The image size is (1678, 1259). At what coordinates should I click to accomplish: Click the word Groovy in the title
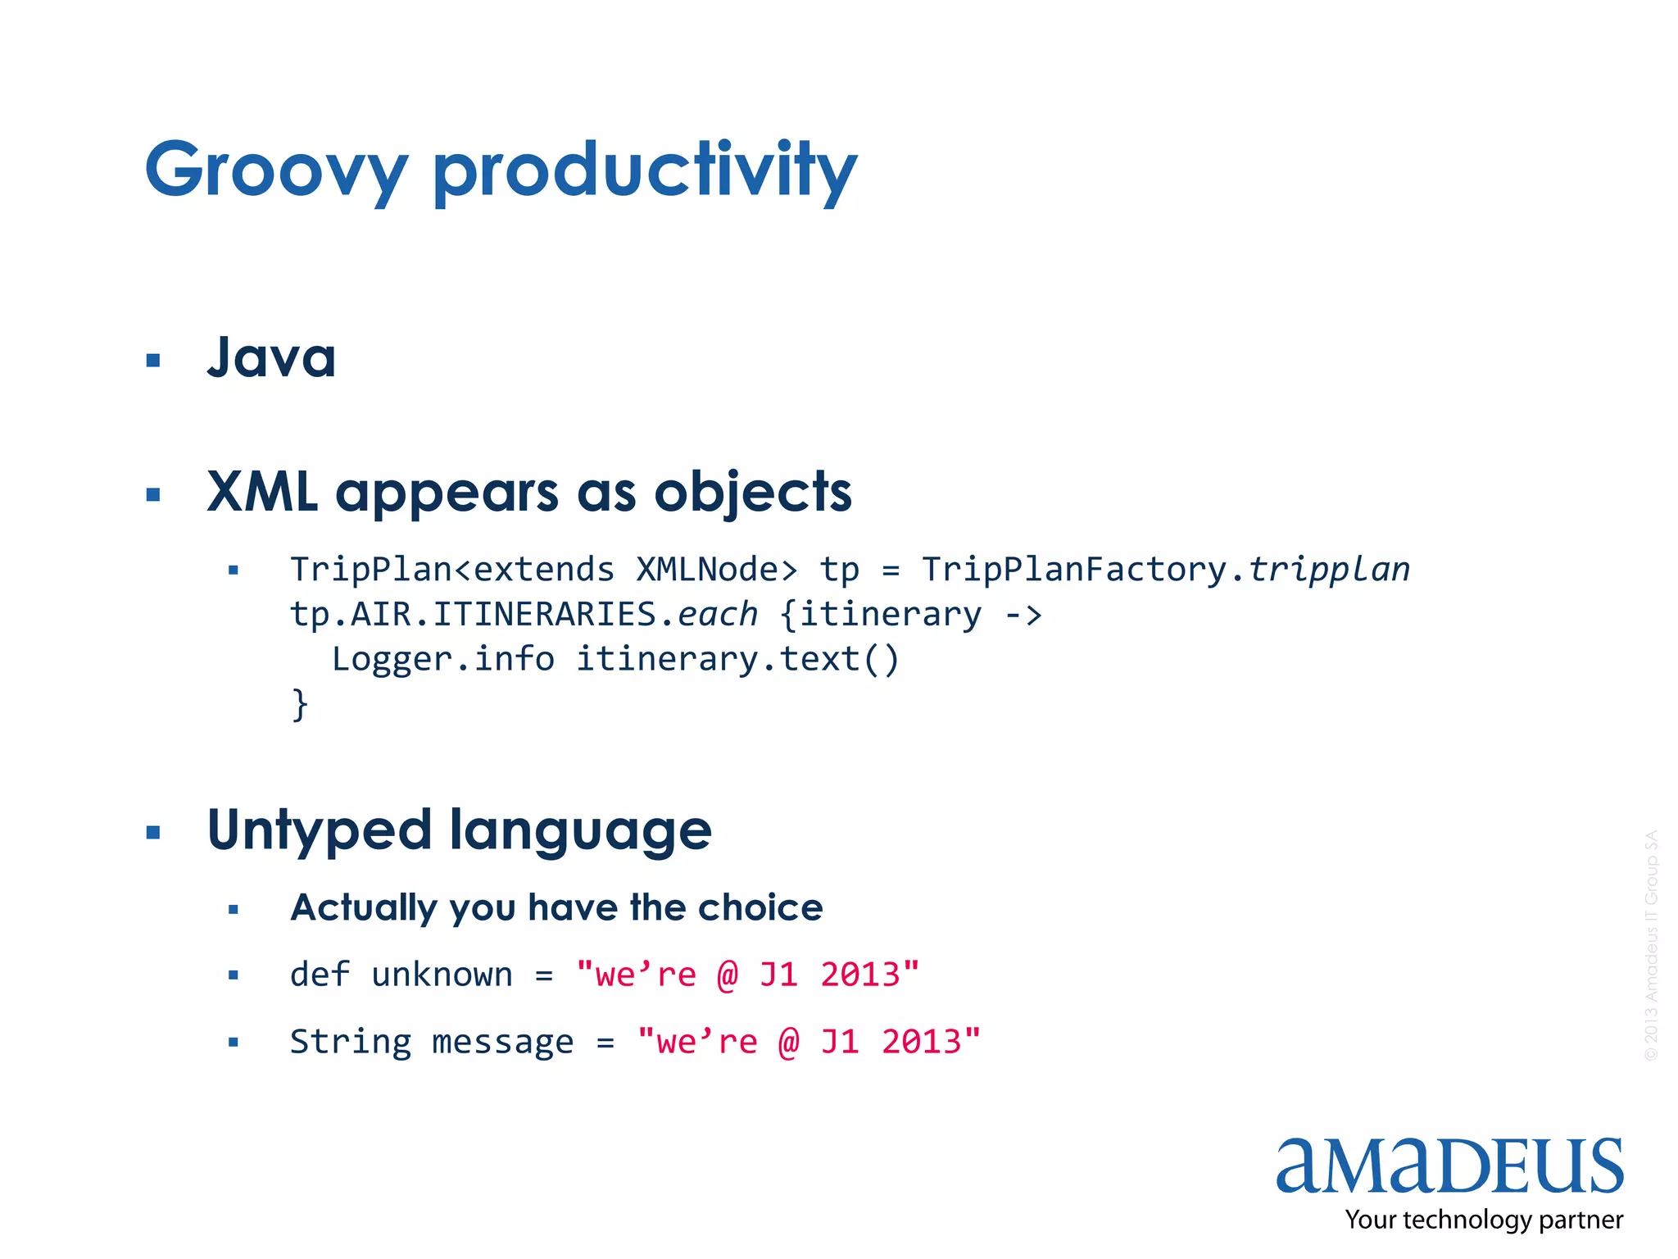click(x=276, y=170)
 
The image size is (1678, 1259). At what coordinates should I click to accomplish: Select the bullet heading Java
click(x=271, y=358)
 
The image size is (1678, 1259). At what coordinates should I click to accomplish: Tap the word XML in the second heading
click(x=262, y=492)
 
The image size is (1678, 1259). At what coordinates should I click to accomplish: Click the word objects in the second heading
click(x=753, y=493)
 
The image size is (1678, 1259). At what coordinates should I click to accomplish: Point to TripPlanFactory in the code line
click(x=1073, y=569)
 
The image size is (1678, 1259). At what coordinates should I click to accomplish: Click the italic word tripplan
click(x=1329, y=569)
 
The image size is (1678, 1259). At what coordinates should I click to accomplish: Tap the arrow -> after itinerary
click(x=1023, y=614)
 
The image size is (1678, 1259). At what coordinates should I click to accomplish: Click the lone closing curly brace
click(x=300, y=704)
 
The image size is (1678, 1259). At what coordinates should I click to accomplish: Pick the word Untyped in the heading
click(x=320, y=830)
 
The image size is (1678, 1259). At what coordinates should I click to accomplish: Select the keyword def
click(x=320, y=975)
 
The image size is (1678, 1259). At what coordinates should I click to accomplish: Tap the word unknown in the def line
click(x=442, y=975)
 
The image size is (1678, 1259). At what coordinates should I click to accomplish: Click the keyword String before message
click(x=351, y=1042)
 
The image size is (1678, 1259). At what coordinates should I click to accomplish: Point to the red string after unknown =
click(x=747, y=975)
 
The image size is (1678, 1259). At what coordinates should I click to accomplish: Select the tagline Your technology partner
click(x=1484, y=1220)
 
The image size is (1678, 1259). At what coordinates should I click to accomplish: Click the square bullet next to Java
click(x=152, y=360)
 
